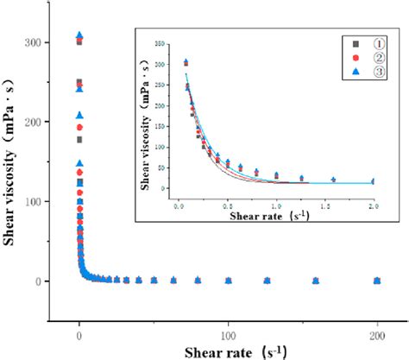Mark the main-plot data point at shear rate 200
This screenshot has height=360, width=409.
pos(377,281)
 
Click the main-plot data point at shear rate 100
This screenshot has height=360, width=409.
pos(229,281)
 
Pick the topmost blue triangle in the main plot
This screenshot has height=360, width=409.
pos(80,35)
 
